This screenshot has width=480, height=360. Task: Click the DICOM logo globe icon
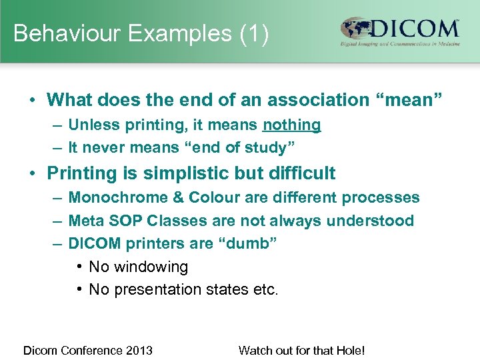pos(357,29)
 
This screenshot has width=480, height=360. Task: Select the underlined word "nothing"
pos(291,125)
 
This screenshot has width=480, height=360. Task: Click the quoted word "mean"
pos(409,101)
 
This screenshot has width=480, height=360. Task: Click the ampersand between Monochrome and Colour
pos(177,198)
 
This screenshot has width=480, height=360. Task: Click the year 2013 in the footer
pos(140,350)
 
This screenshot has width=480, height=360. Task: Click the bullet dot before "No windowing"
pos(79,267)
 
